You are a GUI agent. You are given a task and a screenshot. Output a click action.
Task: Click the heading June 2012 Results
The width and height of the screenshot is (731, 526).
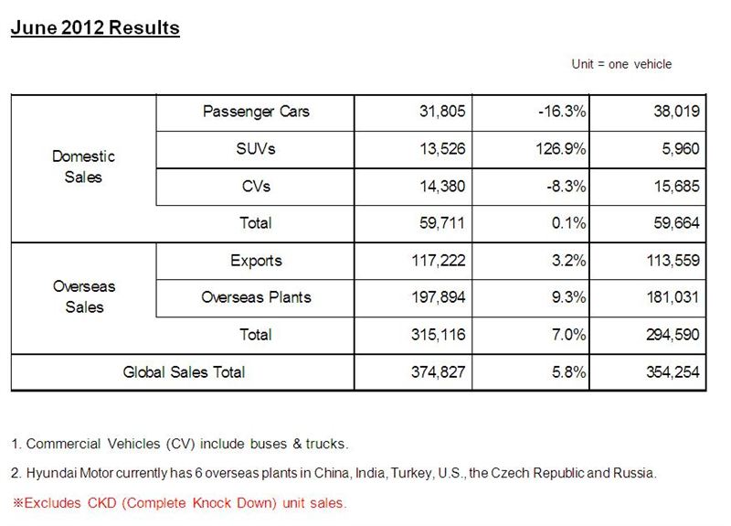[95, 27]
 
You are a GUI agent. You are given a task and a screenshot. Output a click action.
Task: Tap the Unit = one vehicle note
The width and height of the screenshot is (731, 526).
[621, 64]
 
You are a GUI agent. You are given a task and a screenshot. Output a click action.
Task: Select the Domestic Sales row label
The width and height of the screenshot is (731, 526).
[83, 166]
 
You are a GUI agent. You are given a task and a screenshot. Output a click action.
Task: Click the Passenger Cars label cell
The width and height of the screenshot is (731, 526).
[256, 112]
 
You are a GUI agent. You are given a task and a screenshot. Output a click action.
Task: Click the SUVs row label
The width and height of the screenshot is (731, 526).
[256, 149]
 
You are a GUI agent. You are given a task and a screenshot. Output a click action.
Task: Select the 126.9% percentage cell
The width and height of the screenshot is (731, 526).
[559, 149]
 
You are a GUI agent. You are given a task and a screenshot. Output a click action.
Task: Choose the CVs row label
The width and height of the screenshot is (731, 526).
[256, 187]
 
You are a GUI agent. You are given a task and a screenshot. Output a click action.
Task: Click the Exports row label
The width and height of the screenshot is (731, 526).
[256, 261]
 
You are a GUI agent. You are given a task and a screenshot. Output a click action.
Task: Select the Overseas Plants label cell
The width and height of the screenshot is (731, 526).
[256, 297]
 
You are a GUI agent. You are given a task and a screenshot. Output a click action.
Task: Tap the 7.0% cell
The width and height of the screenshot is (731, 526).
[567, 335]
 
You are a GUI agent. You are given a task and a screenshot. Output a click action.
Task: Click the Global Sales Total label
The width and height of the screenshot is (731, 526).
[184, 372]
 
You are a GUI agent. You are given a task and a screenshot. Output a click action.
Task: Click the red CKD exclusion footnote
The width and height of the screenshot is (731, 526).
[179, 503]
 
